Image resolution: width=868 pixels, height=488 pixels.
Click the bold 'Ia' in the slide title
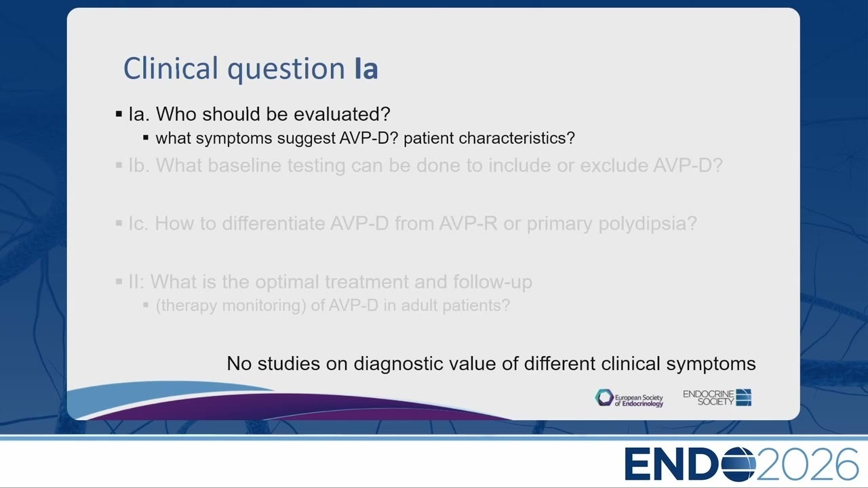tap(366, 68)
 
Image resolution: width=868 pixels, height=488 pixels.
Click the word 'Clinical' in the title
tap(171, 68)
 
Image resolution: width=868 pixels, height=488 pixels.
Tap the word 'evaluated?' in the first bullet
tap(342, 114)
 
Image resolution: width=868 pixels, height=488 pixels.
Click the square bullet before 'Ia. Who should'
tap(119, 114)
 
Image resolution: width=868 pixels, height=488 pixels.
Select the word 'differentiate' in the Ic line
tap(273, 224)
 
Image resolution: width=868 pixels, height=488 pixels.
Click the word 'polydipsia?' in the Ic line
tap(648, 224)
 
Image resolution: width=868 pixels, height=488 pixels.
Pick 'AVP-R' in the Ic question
tap(468, 224)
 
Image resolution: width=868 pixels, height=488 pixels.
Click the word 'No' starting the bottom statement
tap(239, 364)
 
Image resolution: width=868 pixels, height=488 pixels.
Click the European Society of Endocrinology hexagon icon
tap(604, 398)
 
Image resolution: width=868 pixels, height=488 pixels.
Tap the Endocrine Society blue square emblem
tap(744, 397)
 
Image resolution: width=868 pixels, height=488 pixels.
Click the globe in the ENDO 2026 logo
tap(738, 464)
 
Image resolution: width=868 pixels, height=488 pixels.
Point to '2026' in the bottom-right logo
tap(808, 464)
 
